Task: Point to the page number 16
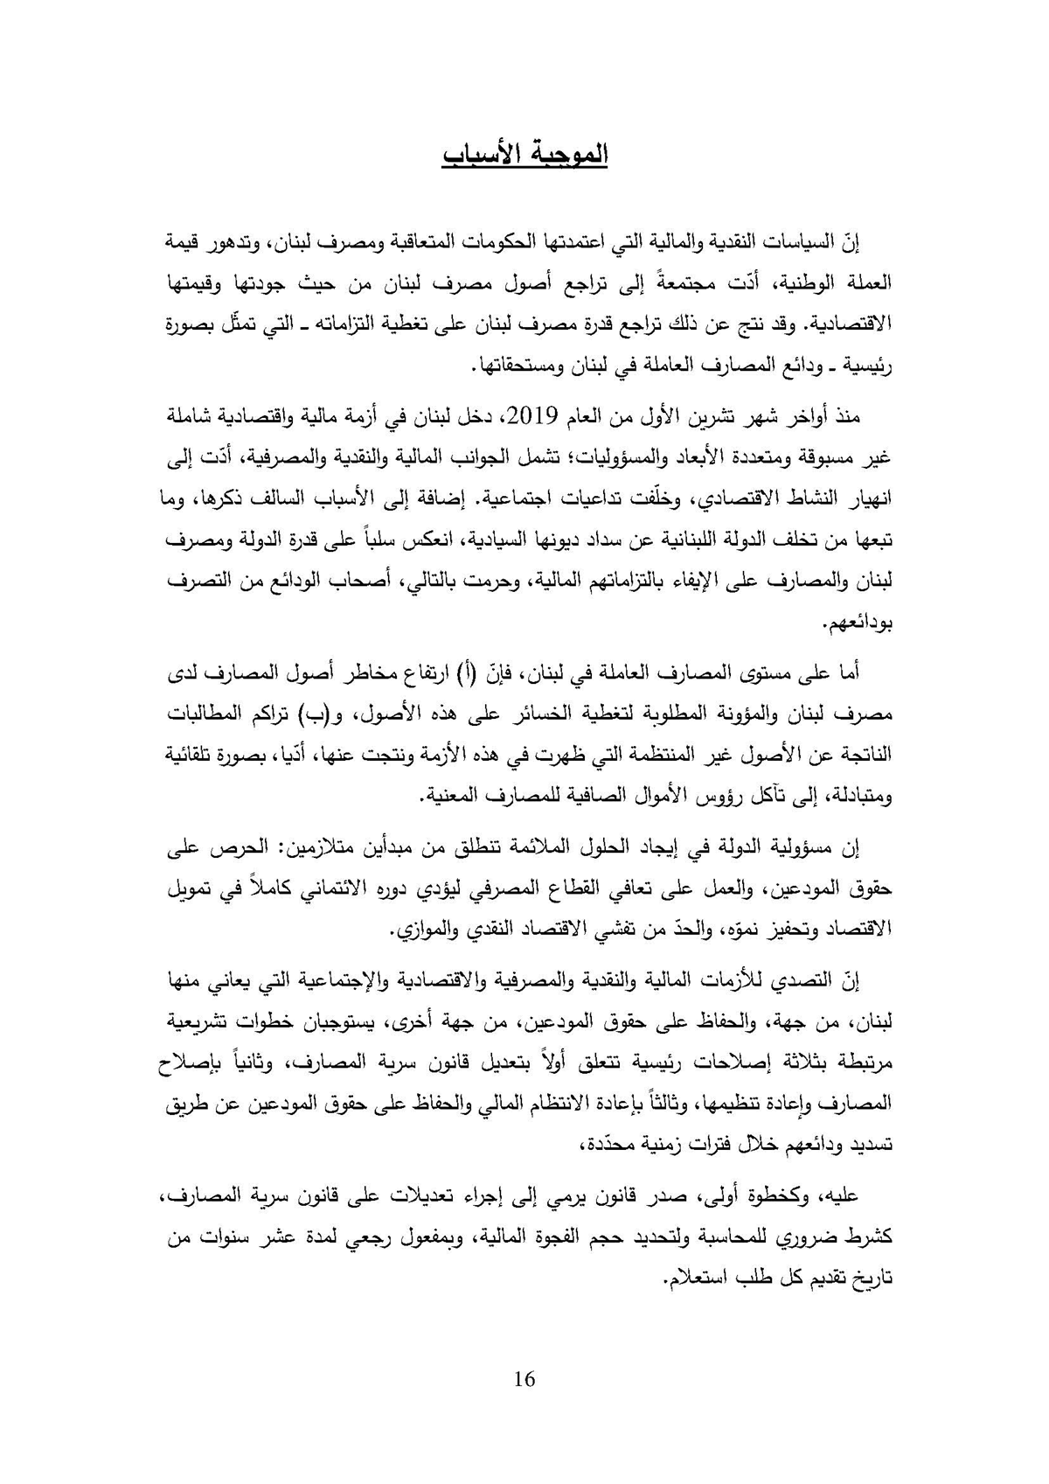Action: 524,1380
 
